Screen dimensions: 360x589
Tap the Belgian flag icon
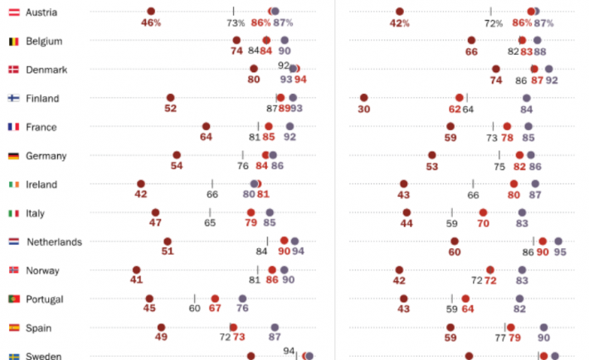13,41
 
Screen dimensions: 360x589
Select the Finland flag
13,99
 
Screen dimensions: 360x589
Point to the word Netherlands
54,242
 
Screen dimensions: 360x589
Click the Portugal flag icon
13,299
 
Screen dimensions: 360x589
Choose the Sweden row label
42,356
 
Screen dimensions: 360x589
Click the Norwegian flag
13,270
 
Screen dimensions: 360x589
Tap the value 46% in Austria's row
151,23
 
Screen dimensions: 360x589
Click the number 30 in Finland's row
363,109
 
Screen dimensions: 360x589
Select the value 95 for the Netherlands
560,252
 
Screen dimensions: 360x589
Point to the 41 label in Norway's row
136,280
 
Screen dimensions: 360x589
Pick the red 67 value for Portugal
215,309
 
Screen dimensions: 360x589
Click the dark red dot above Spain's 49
161,327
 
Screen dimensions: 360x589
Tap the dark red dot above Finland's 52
170,98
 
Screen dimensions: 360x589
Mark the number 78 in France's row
507,138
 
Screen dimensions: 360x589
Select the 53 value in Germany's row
432,166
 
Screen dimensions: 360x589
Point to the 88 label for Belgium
539,51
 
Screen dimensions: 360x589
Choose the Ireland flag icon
13,184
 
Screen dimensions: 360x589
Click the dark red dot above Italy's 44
406,212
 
